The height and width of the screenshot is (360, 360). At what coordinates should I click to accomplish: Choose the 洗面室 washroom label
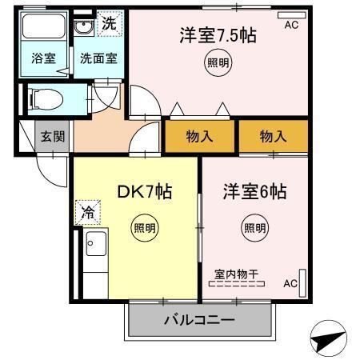point(98,59)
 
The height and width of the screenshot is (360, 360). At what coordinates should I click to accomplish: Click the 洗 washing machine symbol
point(110,24)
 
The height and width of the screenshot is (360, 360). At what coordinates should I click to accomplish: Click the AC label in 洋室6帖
point(290,283)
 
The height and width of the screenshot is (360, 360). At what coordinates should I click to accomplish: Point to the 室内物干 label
point(237,274)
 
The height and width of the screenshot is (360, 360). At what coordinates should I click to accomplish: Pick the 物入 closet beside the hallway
point(200,136)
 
